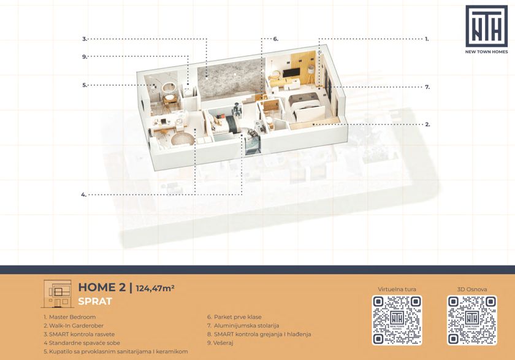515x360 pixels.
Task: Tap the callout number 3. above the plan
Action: coord(85,39)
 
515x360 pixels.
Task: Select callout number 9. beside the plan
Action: coord(85,57)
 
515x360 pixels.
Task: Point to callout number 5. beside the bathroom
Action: coord(85,85)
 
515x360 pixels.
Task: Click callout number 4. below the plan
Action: coord(84,195)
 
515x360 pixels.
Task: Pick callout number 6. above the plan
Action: coord(276,39)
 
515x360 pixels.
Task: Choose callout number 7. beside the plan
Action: coord(427,87)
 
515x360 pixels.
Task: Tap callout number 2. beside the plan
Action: coord(428,124)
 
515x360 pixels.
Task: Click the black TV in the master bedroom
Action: coord(291,73)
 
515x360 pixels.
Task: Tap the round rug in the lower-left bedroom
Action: coord(182,139)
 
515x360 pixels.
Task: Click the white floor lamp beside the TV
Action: coord(311,74)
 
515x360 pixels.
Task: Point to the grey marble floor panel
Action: coord(231,79)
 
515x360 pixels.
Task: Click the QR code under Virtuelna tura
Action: coord(397,320)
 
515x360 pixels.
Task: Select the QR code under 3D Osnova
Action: coord(471,320)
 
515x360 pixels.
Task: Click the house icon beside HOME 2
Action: coord(57,294)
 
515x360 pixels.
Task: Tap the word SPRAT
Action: coord(95,302)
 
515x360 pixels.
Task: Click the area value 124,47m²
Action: coord(155,288)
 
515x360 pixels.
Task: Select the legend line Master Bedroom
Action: coord(70,317)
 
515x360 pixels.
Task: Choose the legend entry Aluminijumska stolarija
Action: coord(243,326)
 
